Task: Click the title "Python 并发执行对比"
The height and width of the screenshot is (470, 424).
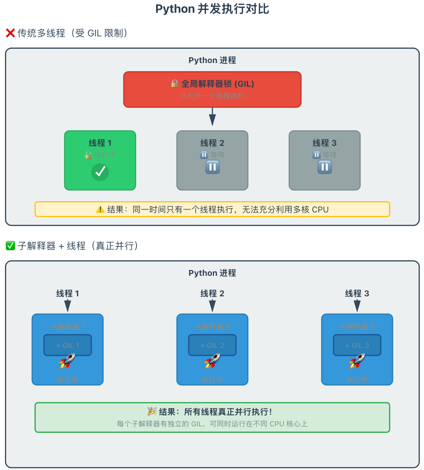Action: (x=212, y=9)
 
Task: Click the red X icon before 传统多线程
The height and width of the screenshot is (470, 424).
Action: (x=10, y=33)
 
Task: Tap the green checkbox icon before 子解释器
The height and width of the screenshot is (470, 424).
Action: (x=10, y=246)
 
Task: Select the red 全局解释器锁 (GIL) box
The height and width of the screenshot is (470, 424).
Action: (x=212, y=89)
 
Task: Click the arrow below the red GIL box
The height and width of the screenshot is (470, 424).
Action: (x=212, y=117)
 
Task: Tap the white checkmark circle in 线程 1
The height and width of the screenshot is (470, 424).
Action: (x=100, y=172)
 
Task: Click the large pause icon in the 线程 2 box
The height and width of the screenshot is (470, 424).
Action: (x=212, y=167)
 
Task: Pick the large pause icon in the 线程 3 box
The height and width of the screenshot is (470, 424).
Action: (x=325, y=167)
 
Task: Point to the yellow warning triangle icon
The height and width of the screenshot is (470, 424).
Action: (x=100, y=210)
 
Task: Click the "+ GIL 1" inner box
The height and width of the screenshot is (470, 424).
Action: (x=68, y=345)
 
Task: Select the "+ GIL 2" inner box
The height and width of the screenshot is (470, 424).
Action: (x=212, y=345)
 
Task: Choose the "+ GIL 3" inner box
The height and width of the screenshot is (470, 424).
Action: (x=357, y=345)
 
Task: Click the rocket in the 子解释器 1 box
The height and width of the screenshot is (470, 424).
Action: (x=67, y=361)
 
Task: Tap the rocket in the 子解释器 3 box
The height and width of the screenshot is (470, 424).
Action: (x=357, y=361)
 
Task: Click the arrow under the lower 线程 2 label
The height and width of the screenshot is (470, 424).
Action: (x=212, y=306)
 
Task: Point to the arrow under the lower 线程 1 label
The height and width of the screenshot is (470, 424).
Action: (x=68, y=306)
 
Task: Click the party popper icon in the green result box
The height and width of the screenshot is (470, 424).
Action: (x=152, y=411)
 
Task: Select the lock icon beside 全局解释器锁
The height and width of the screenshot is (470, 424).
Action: (x=175, y=84)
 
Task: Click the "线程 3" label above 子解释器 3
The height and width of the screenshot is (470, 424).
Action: (x=357, y=294)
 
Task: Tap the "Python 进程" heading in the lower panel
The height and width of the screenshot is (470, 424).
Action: (x=212, y=273)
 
